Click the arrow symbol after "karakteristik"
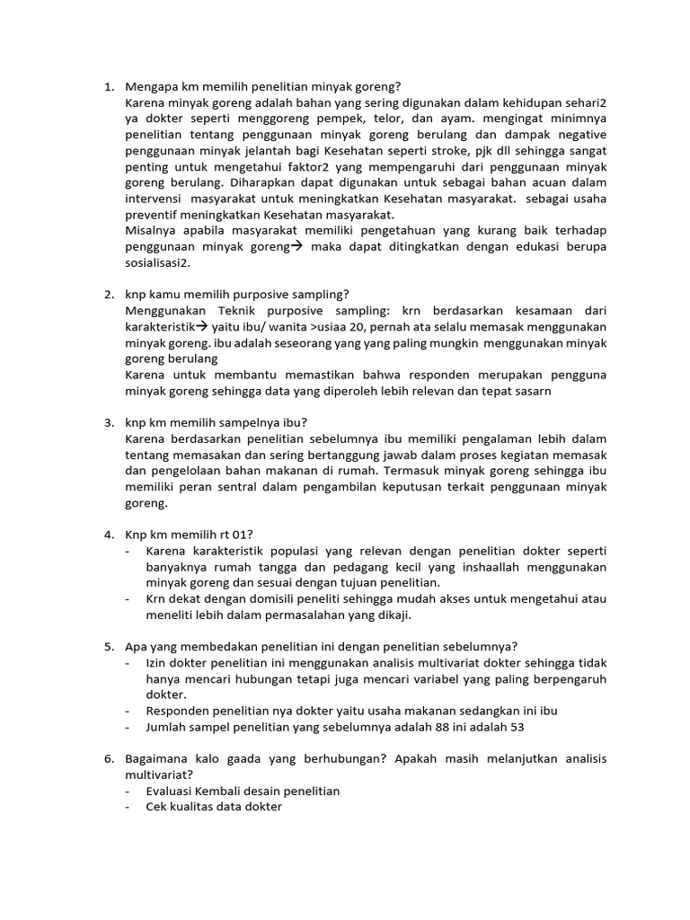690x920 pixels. click(202, 326)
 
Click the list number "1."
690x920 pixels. click(109, 86)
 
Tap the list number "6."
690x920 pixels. click(109, 758)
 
